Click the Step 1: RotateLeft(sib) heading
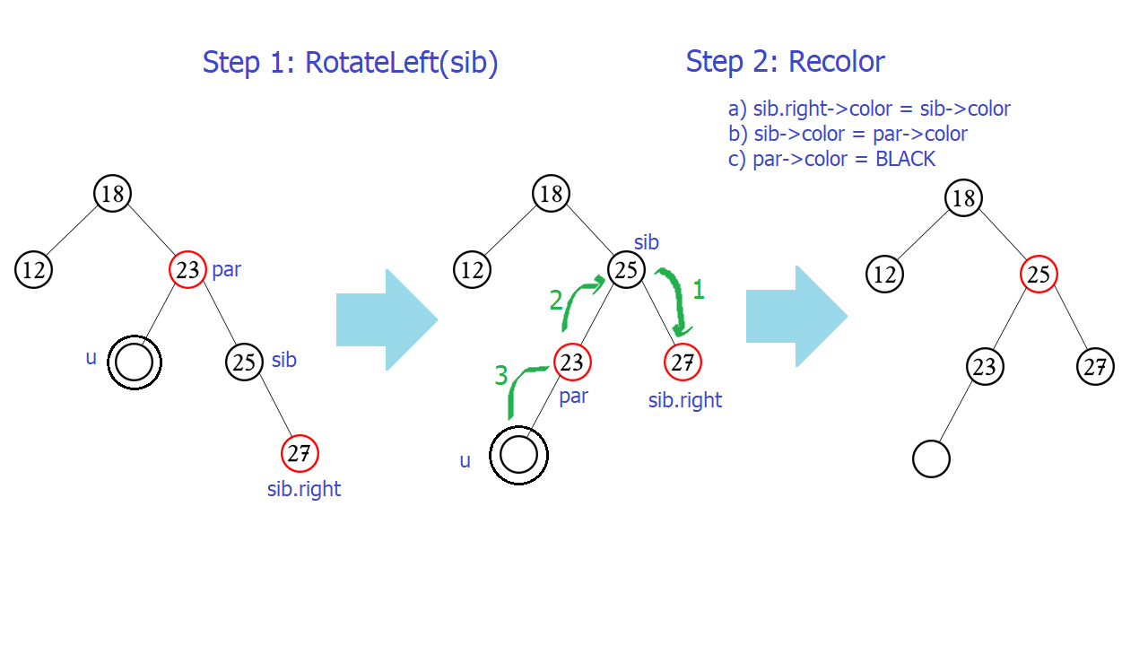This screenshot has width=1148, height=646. click(x=350, y=63)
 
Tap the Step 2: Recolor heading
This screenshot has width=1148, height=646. click(x=785, y=62)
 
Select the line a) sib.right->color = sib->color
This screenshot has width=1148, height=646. click(x=869, y=109)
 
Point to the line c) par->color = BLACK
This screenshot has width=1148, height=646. click(x=831, y=160)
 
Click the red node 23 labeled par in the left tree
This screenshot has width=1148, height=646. click(x=187, y=269)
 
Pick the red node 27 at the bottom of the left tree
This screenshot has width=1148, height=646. click(x=300, y=453)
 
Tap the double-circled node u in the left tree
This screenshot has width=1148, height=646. click(x=135, y=363)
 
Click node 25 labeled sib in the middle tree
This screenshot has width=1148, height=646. click(x=627, y=269)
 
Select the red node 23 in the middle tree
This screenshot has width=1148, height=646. click(x=572, y=362)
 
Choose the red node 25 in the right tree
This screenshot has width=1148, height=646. click(x=1039, y=275)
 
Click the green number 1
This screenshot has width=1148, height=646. click(x=699, y=290)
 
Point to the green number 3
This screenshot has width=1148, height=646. click(x=500, y=376)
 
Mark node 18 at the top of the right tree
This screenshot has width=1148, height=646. click(x=963, y=198)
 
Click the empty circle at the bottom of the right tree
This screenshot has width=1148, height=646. click(x=931, y=459)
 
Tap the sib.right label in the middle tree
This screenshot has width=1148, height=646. click(x=685, y=400)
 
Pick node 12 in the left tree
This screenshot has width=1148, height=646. click(x=34, y=270)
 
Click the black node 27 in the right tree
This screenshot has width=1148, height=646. click(x=1095, y=366)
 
